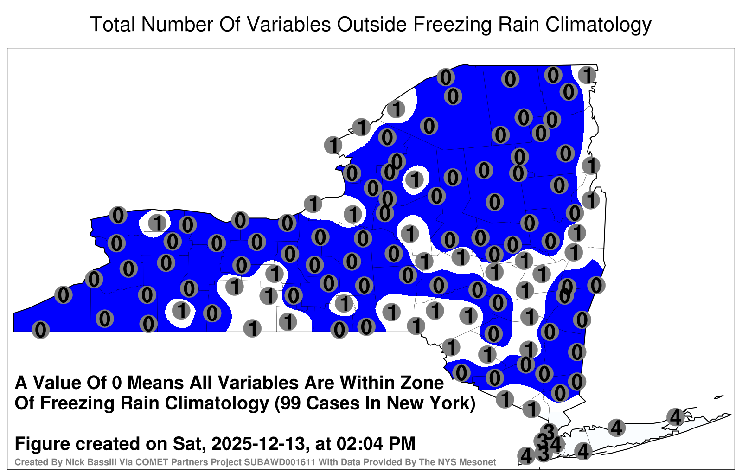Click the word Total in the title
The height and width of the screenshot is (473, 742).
(113, 25)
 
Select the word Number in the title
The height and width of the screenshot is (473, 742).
(178, 25)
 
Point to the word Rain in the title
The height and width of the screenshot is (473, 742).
(518, 25)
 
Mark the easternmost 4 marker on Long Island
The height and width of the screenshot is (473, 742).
(675, 417)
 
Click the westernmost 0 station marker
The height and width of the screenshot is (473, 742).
(40, 330)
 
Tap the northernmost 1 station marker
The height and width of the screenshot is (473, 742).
(587, 75)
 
